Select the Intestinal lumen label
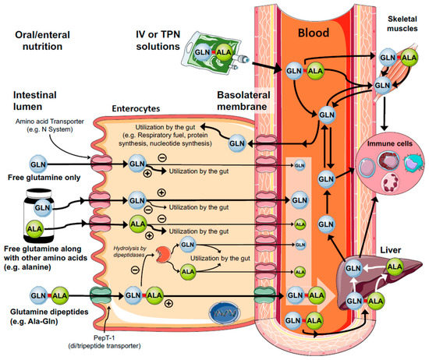tap(38, 101)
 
